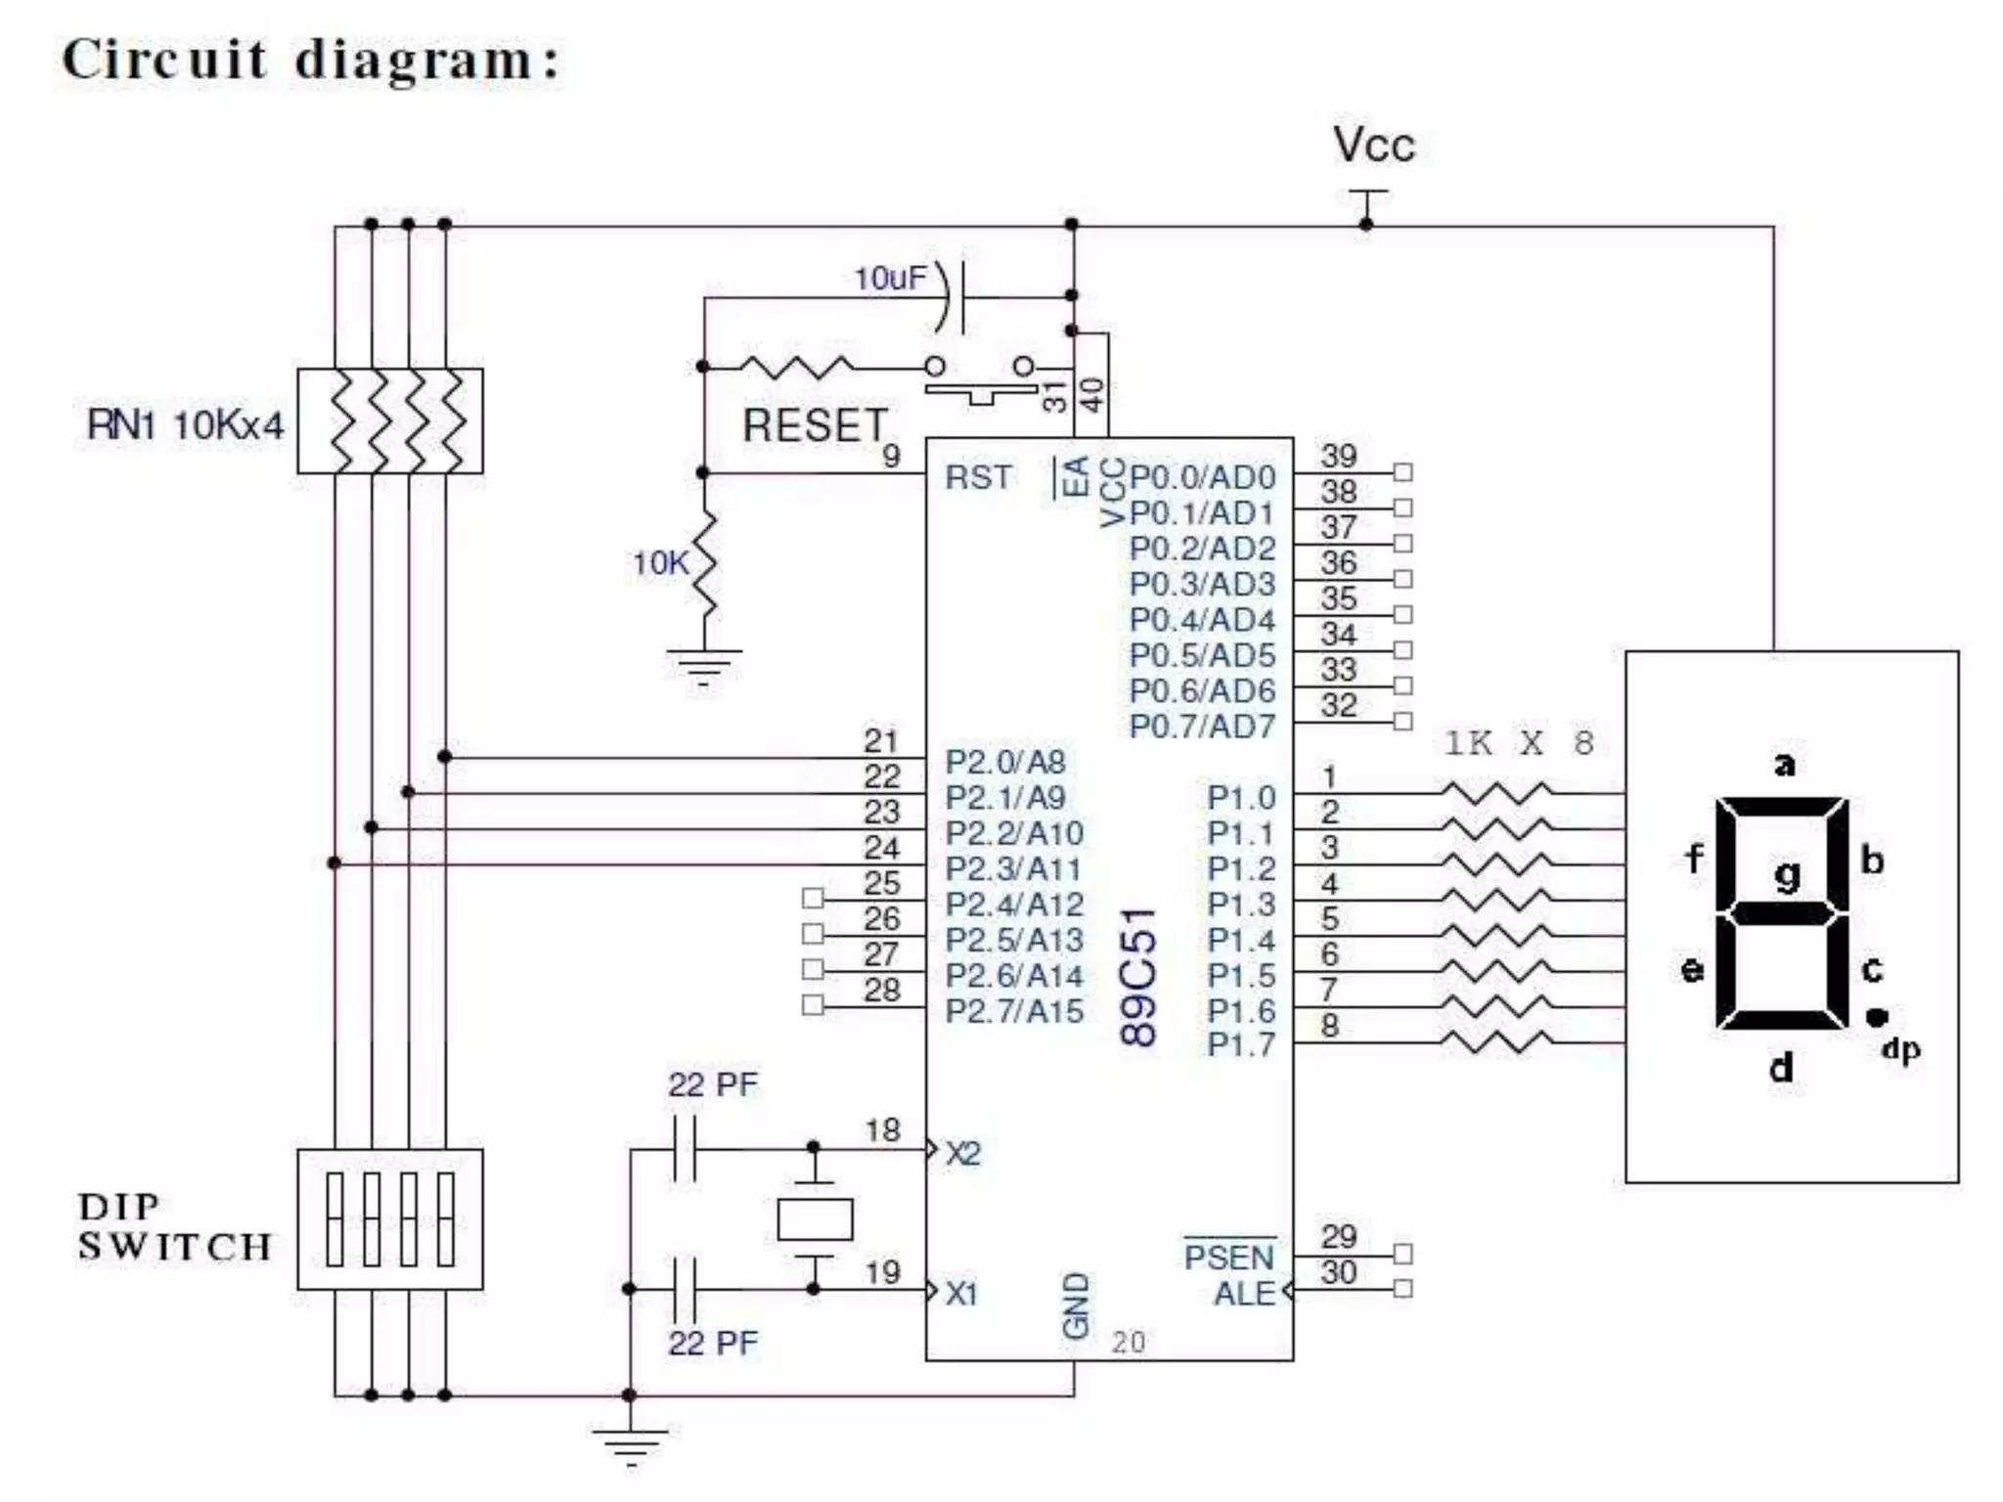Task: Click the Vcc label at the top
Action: (1372, 145)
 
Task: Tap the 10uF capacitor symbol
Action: (954, 296)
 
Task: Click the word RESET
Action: (814, 426)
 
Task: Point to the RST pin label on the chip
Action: (977, 477)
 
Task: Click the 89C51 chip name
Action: (1138, 978)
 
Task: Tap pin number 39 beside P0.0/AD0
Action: (1338, 456)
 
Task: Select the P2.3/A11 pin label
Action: (1012, 868)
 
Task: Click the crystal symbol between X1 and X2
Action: (814, 1219)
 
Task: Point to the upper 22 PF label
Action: (712, 1084)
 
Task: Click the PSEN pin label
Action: (1228, 1257)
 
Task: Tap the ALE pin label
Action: (1244, 1294)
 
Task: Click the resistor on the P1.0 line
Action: (1496, 792)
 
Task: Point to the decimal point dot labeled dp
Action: (1875, 1017)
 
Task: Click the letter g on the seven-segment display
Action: (1787, 873)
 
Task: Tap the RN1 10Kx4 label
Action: (185, 425)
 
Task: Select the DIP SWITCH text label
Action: (174, 1227)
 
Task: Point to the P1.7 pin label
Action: (1240, 1045)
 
